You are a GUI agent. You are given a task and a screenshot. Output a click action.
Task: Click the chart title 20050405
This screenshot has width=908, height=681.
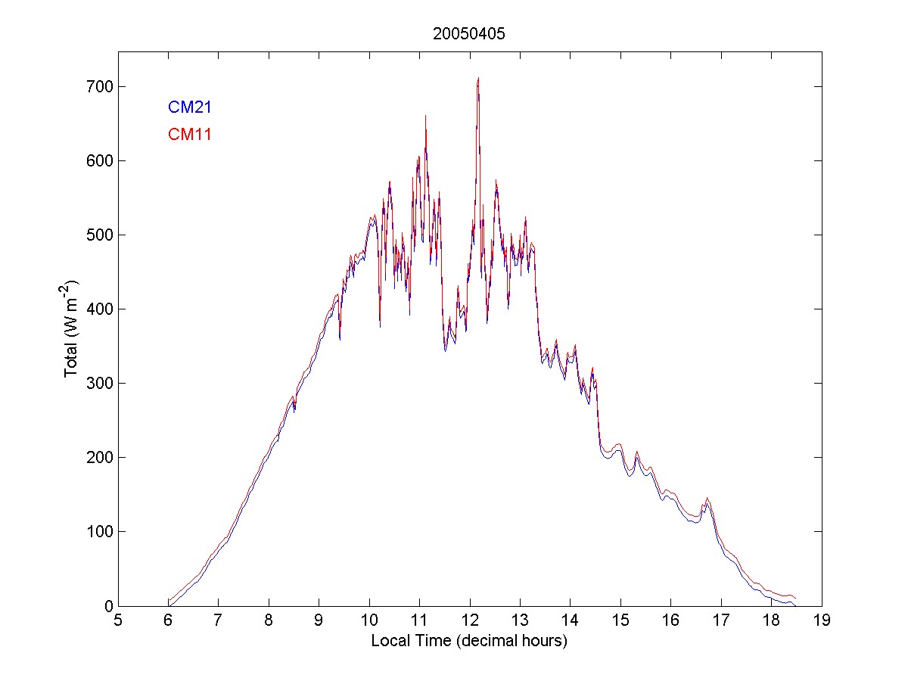click(468, 34)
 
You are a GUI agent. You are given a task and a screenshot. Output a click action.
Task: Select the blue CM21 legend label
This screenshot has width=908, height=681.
click(189, 107)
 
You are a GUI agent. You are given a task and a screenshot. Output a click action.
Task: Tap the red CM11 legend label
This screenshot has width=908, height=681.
click(189, 135)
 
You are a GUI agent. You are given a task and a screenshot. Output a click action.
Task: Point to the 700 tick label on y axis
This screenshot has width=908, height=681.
click(99, 87)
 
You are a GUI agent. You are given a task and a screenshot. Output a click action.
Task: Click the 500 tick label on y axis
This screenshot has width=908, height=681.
click(99, 235)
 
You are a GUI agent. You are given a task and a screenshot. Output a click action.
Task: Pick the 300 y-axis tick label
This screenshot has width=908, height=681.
click(99, 384)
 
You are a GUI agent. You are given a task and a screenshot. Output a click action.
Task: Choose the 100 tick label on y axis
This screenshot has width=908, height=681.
click(99, 532)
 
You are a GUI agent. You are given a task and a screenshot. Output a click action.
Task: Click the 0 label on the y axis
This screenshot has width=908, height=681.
click(107, 606)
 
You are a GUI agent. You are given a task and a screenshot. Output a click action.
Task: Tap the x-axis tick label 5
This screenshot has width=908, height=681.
click(118, 621)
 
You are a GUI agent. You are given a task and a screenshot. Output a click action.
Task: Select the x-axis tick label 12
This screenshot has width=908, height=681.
click(469, 621)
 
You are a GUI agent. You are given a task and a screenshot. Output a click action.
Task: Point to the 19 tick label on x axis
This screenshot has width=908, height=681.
click(821, 621)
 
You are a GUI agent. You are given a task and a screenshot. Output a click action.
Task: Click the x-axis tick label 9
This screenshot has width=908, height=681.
click(319, 621)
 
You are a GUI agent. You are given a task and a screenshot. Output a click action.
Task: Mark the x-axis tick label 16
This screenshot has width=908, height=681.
click(670, 621)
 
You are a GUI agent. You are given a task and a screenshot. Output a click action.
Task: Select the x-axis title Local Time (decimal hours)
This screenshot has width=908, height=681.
click(469, 641)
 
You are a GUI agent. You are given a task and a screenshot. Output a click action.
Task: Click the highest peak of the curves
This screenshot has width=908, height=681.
click(478, 78)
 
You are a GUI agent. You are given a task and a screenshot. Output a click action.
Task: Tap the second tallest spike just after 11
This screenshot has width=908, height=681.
click(425, 116)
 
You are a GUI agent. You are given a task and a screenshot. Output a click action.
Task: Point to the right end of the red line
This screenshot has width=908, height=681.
click(795, 599)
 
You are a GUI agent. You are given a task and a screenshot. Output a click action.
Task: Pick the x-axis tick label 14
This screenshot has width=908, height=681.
click(570, 621)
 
